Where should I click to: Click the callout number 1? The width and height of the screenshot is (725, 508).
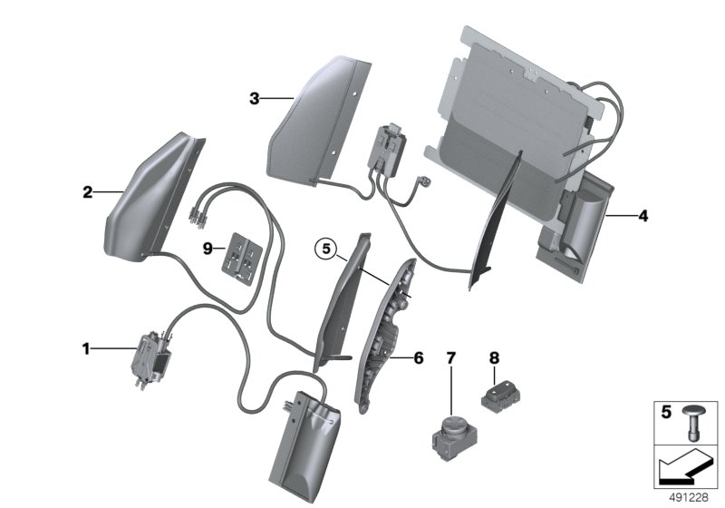click(x=86, y=347)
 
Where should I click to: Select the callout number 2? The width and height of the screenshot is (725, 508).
click(x=87, y=192)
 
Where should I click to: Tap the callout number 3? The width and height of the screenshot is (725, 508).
click(x=255, y=99)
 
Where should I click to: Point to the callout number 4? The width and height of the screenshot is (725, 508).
click(x=643, y=217)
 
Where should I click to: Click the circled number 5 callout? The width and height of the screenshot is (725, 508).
click(x=325, y=246)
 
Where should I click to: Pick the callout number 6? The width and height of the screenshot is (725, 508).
click(x=418, y=358)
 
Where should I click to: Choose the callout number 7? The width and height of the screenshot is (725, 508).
click(x=450, y=357)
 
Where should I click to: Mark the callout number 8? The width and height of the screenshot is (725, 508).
click(x=494, y=357)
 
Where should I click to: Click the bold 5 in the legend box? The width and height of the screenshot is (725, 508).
click(x=665, y=413)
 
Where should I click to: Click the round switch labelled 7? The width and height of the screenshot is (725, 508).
click(x=450, y=430)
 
